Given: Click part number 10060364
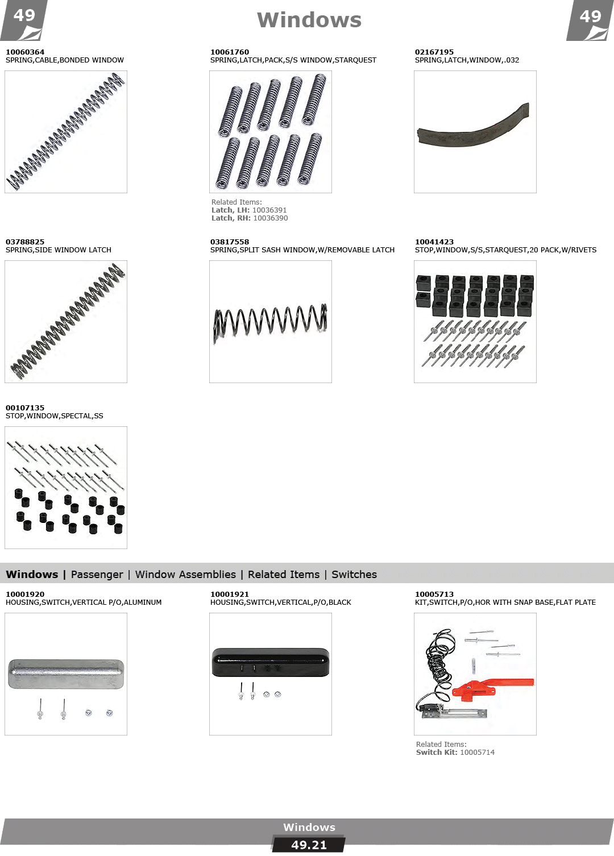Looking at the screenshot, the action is pos(25,52).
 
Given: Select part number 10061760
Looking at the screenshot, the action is pos(229,52).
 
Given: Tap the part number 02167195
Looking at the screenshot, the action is pos(434,52).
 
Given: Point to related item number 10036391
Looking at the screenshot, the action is pos(269,210).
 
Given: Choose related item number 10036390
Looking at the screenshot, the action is pos(270,218).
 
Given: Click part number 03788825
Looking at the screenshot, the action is pos(25,242).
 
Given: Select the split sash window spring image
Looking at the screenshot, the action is pos(270,322).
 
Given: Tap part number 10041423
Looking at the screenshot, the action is pos(434,242).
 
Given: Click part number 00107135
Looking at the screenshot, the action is pos(25,408).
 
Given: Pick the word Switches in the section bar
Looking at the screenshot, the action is pos(354,574).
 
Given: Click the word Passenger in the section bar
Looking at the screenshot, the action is pos(97,575).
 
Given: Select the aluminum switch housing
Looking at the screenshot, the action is pos(66,674).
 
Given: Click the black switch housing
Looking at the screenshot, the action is pos(270,662).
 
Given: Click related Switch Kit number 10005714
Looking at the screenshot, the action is pos(477,753).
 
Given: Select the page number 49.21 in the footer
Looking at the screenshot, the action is pos(309,845).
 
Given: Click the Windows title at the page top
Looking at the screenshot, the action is pos(309,20).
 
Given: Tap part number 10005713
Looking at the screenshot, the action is pos(434,594).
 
